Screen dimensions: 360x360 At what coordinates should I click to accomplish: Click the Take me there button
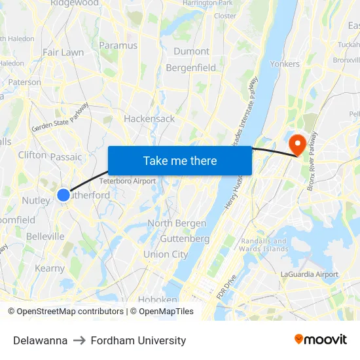[x=180, y=160]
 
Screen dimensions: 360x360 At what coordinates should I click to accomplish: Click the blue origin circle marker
[x=63, y=194]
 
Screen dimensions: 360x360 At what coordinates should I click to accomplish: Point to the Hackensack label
[x=149, y=118]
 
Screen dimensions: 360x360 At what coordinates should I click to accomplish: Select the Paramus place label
[x=118, y=45]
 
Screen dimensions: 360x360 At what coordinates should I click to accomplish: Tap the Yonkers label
[x=284, y=63]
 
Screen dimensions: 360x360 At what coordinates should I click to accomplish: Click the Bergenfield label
[x=190, y=67]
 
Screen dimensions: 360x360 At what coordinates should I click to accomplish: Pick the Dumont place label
[x=192, y=51]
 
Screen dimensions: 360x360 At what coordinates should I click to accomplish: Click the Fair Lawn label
[x=63, y=52]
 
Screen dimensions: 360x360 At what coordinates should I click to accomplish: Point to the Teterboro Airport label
[x=128, y=181]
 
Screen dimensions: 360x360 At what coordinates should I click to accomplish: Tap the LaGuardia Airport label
[x=310, y=274]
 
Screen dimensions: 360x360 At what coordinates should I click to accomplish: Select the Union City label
[x=166, y=254]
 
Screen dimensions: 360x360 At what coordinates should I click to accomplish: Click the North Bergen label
[x=177, y=223]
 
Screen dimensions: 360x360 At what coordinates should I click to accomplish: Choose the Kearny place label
[x=50, y=268]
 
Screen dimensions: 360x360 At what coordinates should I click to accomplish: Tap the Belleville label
[x=45, y=236]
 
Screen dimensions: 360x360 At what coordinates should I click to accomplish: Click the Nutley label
[x=35, y=200]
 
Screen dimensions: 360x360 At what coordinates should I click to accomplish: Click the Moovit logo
[x=321, y=339]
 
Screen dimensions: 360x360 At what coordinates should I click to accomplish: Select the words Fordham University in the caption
[x=138, y=340]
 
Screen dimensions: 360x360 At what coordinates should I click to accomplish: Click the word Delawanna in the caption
[x=40, y=340]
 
